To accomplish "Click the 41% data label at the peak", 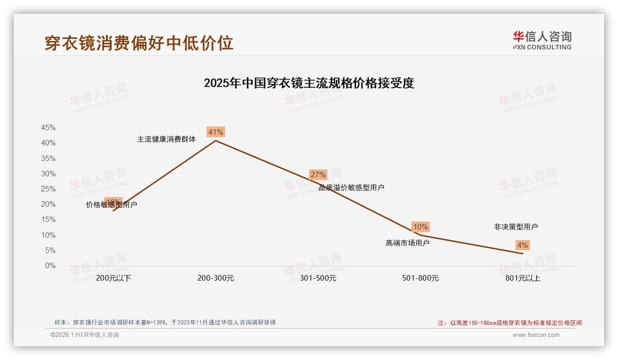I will (215, 132).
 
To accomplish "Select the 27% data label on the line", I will (318, 174).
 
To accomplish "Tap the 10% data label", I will (420, 227).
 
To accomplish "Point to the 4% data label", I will (522, 245).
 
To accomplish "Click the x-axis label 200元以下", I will (113, 278).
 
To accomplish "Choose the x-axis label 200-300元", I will (216, 278).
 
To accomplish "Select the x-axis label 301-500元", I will (318, 278).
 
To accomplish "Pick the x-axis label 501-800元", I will (420, 278).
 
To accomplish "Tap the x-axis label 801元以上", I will (523, 278).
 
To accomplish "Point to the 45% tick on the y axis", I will (48, 127).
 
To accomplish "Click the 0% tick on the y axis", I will (50, 266).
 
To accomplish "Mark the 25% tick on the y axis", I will (48, 189).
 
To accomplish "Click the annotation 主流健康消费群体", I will (166, 139).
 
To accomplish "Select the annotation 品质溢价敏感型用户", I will (351, 187).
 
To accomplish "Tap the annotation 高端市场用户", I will (407, 243).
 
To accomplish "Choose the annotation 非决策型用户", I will (516, 227).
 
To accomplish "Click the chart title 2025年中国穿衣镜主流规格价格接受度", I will (309, 83).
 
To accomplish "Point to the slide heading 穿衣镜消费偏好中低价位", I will (139, 42).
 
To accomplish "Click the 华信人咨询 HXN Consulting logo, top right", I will (542, 41).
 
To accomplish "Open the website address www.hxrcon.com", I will (536, 335).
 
